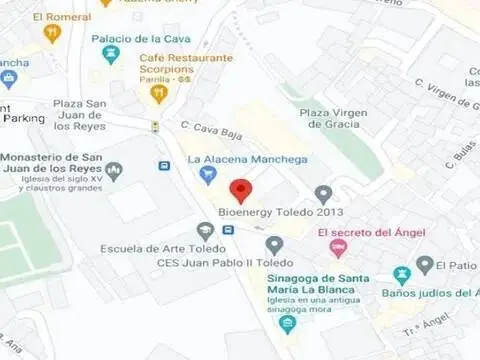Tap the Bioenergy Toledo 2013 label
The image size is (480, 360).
tap(280, 213)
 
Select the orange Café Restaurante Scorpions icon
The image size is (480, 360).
tap(157, 94)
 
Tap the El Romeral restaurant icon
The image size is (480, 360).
tap(53, 33)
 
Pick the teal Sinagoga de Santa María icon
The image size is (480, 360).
tap(288, 323)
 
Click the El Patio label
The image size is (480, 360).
tap(460, 265)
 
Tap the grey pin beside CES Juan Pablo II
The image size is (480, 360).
tap(274, 244)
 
